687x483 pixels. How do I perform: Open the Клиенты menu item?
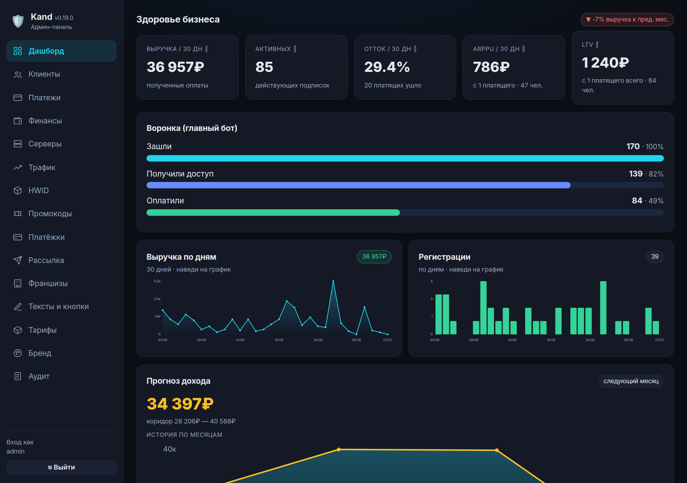pyautogui.click(x=44, y=74)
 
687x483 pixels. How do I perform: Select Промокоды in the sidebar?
pyautogui.click(x=50, y=214)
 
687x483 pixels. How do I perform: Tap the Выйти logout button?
pyautogui.click(x=61, y=467)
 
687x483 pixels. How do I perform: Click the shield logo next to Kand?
pyautogui.click(x=18, y=21)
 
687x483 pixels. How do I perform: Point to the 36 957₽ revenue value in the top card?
pyautogui.click(x=175, y=67)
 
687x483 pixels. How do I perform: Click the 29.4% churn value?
pyautogui.click(x=387, y=67)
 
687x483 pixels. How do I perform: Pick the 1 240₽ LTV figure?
pyautogui.click(x=605, y=63)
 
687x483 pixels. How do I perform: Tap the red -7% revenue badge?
pyautogui.click(x=627, y=19)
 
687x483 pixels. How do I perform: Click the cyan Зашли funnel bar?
pyautogui.click(x=405, y=158)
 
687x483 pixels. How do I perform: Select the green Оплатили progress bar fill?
pyautogui.click(x=273, y=213)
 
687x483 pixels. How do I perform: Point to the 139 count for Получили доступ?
pyautogui.click(x=635, y=174)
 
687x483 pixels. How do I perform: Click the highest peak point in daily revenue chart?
pyautogui.click(x=333, y=281)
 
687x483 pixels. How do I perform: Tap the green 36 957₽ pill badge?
pyautogui.click(x=374, y=257)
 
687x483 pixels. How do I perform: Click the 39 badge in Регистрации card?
pyautogui.click(x=655, y=257)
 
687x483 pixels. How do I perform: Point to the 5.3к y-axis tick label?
pyautogui.click(x=157, y=281)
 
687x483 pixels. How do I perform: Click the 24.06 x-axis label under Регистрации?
pyautogui.click(x=590, y=340)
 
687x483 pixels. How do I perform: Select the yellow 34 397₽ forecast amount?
pyautogui.click(x=180, y=404)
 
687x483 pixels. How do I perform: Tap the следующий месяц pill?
pyautogui.click(x=631, y=381)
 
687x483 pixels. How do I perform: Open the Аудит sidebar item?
pyautogui.click(x=39, y=376)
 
